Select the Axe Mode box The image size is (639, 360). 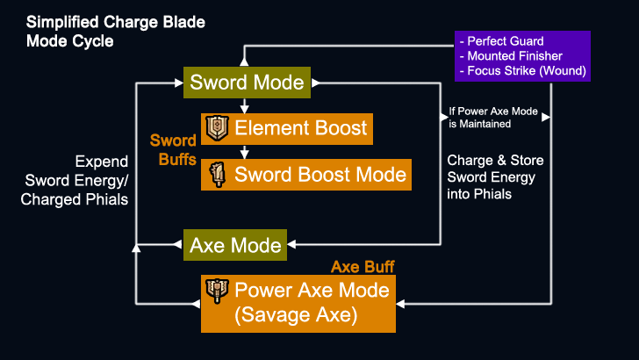(x=235, y=244)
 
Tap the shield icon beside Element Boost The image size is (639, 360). (x=216, y=128)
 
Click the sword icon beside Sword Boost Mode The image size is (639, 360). (x=216, y=174)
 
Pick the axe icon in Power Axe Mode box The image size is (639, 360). (x=216, y=290)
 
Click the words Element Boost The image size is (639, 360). (x=301, y=128)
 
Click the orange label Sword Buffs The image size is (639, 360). (x=173, y=149)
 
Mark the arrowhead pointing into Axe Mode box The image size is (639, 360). (x=293, y=244)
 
